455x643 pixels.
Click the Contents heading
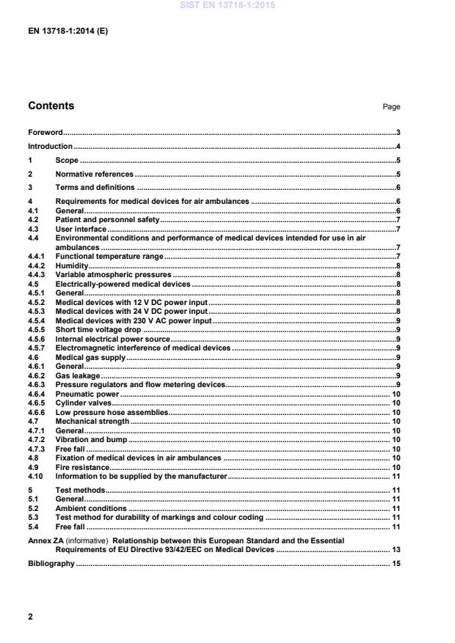pyautogui.click(x=51, y=106)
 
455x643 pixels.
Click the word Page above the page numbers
pyautogui.click(x=391, y=107)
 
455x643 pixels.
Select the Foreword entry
pyautogui.click(x=45, y=133)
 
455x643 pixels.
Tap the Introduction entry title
pyautogui.click(x=50, y=147)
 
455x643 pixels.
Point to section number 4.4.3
pyautogui.click(x=37, y=274)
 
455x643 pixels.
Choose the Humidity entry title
pyautogui.click(x=72, y=266)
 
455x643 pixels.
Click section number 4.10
pyautogui.click(x=35, y=476)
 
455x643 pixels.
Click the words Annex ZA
pyautogui.click(x=46, y=540)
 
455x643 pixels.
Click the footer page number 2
pyautogui.click(x=30, y=617)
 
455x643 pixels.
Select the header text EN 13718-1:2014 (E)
pyautogui.click(x=68, y=32)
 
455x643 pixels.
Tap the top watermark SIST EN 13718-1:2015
pyautogui.click(x=227, y=6)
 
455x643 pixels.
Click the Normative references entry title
pyautogui.click(x=94, y=174)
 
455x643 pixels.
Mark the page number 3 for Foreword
pyautogui.click(x=397, y=133)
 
